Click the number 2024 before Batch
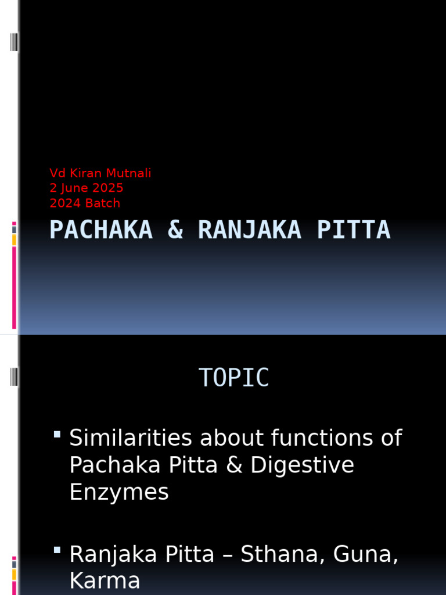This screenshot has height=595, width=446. tap(64, 203)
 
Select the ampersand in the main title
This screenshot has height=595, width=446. tap(175, 230)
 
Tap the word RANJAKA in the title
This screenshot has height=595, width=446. tap(249, 230)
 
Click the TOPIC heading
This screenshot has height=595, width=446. tap(234, 378)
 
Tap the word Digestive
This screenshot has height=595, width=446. tap(302, 465)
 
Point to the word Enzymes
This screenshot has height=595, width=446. tap(119, 493)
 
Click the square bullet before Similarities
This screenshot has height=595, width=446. tap(57, 434)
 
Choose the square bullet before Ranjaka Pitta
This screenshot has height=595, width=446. tap(57, 550)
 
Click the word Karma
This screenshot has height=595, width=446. tap(105, 582)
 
